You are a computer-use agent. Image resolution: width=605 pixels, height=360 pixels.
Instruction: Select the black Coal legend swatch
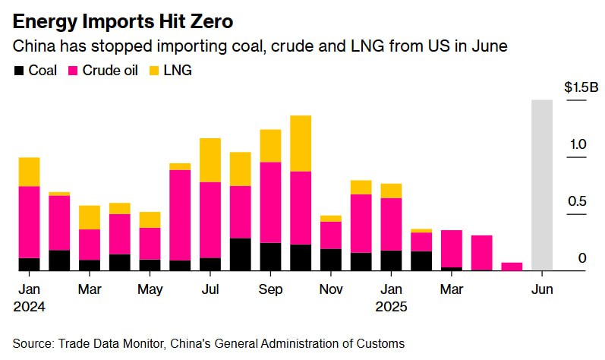point(19,71)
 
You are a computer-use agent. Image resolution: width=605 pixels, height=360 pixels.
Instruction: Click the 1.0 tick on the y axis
point(578,144)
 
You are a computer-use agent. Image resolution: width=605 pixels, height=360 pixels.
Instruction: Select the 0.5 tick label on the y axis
point(578,201)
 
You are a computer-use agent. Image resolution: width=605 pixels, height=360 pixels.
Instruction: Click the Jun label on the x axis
point(542,289)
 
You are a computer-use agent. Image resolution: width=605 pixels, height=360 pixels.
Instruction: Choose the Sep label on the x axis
point(270,289)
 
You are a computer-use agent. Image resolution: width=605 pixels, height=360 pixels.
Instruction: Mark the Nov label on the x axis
point(331,289)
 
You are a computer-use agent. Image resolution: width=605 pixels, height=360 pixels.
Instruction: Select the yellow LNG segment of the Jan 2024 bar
point(29,172)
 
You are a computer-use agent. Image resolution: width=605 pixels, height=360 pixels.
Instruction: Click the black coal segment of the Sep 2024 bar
point(270,256)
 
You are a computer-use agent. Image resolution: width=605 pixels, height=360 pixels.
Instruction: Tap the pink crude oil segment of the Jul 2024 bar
point(210,220)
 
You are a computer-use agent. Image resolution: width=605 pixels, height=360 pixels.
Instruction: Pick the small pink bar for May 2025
point(512,266)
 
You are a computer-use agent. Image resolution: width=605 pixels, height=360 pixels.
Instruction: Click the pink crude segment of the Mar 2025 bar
point(452,248)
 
